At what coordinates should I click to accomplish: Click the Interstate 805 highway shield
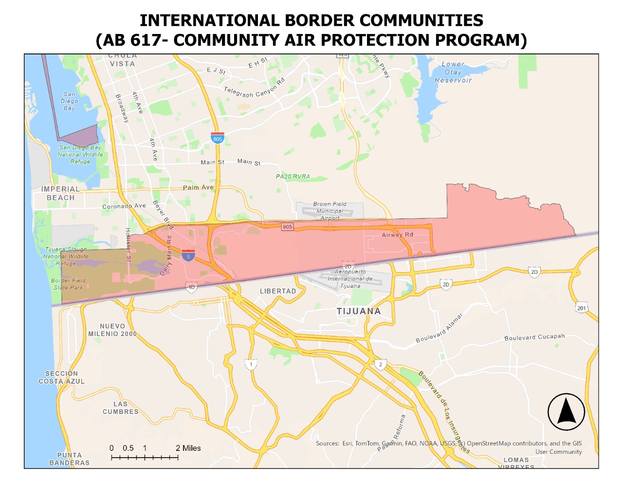(218, 138)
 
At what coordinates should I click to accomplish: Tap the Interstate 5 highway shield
(188, 256)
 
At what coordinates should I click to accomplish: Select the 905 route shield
(288, 227)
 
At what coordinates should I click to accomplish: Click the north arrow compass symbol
(566, 412)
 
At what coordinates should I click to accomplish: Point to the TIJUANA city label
(359, 311)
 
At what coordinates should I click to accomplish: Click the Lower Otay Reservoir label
(453, 72)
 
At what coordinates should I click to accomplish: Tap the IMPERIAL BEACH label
(60, 194)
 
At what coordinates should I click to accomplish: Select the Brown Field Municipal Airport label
(330, 211)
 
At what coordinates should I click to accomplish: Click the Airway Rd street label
(397, 235)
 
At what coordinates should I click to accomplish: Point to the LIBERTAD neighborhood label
(278, 291)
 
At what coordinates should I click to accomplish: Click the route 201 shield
(582, 308)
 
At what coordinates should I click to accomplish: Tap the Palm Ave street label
(198, 187)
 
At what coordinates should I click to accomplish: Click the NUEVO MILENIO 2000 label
(112, 330)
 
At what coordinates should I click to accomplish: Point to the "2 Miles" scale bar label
(188, 448)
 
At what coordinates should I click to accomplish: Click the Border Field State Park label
(68, 284)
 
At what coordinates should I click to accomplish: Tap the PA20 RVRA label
(293, 177)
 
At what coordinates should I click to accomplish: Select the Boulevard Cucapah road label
(534, 337)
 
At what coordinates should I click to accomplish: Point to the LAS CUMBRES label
(120, 408)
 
